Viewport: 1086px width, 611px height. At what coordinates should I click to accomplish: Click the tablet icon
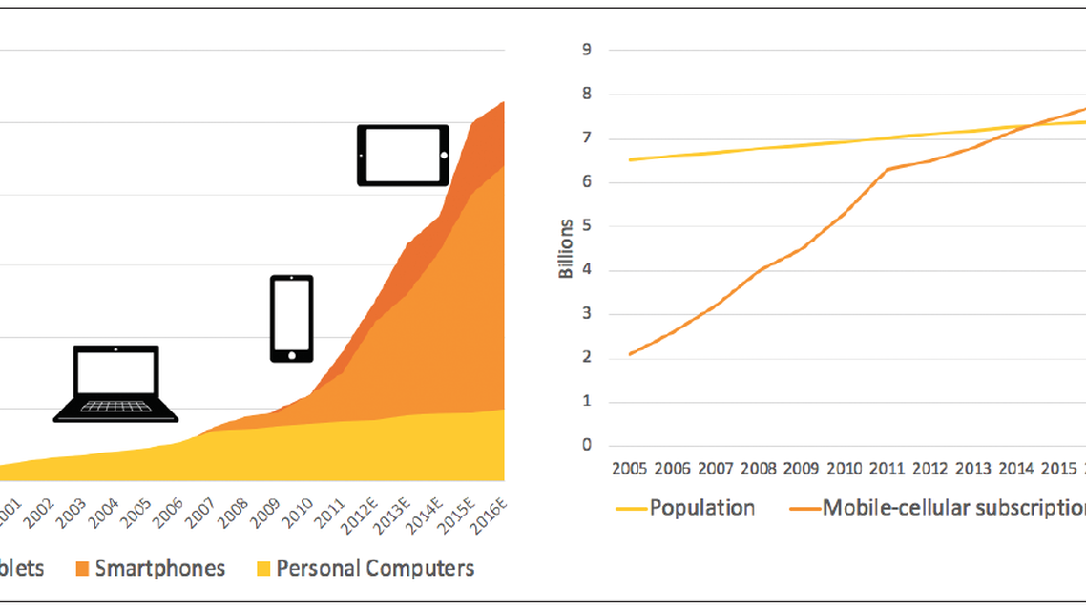click(x=403, y=155)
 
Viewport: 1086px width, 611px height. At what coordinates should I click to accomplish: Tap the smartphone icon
click(x=291, y=319)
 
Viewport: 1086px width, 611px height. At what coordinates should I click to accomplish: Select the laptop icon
click(x=115, y=384)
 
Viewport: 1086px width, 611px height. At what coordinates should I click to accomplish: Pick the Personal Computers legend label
click(x=375, y=569)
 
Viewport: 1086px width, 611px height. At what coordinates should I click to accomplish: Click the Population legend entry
click(x=701, y=507)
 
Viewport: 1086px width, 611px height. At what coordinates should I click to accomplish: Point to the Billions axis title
click(x=567, y=247)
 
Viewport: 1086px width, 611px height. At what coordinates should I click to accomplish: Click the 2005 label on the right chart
click(x=630, y=471)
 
